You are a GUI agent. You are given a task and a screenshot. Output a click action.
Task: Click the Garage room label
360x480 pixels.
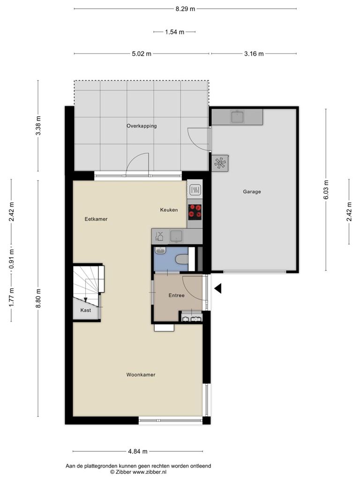point(252,192)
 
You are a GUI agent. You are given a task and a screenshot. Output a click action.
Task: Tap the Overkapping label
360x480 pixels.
point(142,126)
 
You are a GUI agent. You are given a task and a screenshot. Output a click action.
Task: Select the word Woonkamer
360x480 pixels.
point(141,375)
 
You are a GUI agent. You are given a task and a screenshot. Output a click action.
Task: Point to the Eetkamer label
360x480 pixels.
point(96,219)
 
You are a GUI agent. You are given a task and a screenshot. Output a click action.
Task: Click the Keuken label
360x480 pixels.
point(169,210)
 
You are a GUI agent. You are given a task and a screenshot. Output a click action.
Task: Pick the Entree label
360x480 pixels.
point(177,295)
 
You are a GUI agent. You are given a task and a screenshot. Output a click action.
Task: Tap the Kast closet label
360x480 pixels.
point(86,310)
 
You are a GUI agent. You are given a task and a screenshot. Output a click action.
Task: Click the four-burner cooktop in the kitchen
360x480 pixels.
point(195,212)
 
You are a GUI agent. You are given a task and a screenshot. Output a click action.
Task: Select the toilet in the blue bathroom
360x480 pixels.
point(182,260)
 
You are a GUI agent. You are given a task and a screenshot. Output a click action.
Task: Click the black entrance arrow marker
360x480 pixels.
point(218,288)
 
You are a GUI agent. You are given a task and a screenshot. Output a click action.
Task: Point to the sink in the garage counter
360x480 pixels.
point(237,117)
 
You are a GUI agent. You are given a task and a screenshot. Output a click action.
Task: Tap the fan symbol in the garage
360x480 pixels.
point(220,163)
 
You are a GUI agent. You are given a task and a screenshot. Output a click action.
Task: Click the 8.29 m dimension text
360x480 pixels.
point(185,9)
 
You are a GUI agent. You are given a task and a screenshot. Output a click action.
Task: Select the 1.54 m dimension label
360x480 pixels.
point(174,32)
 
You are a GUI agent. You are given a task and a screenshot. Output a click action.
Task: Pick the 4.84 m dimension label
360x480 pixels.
point(138,451)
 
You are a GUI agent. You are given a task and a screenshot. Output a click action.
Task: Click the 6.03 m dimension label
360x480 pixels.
point(326,190)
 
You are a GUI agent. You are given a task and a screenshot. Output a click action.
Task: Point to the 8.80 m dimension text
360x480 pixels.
point(38,299)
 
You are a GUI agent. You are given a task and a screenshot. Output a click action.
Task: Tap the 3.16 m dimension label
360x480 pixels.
point(254,54)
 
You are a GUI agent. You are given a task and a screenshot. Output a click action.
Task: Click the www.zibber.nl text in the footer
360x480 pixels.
point(150,472)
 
